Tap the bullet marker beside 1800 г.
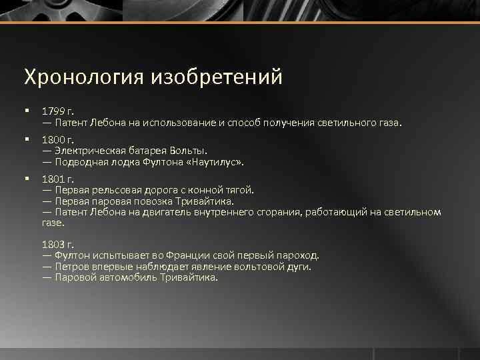pos(25,139)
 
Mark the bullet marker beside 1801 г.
pos(25,179)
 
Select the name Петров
pos(73,266)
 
